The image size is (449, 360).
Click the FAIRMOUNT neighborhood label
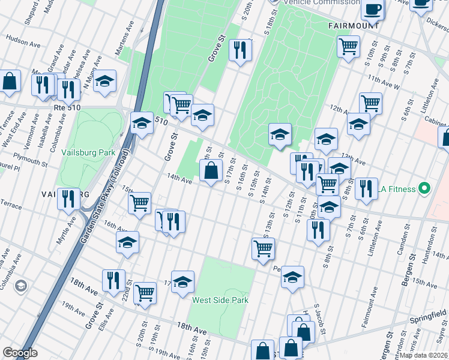click(354, 26)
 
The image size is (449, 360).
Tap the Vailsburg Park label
click(88, 152)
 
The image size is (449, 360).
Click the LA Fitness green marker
click(425, 189)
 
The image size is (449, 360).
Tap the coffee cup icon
click(373, 10)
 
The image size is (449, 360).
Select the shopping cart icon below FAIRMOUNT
click(348, 46)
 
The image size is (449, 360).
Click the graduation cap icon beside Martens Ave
click(104, 82)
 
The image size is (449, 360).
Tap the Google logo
click(20, 353)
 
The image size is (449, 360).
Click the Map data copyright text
click(424, 355)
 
